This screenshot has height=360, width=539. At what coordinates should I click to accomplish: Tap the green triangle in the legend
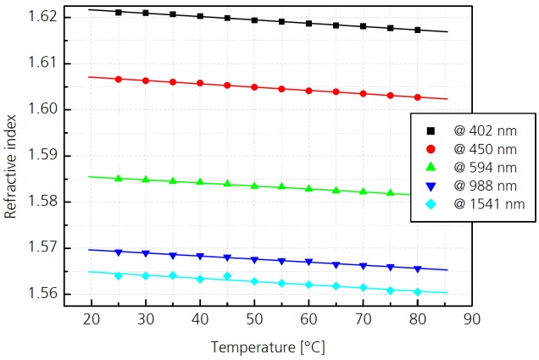431,167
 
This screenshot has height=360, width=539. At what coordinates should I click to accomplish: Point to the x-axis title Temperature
267,347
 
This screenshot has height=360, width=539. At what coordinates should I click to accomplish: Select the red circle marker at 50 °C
254,87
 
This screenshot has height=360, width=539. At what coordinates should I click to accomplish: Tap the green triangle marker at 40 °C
200,182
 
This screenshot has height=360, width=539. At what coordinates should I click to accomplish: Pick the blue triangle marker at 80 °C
417,269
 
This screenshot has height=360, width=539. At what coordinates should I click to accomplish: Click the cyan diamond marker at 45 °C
227,276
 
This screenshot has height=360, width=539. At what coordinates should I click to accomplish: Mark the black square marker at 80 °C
417,30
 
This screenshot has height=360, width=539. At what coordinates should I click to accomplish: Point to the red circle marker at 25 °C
119,79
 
